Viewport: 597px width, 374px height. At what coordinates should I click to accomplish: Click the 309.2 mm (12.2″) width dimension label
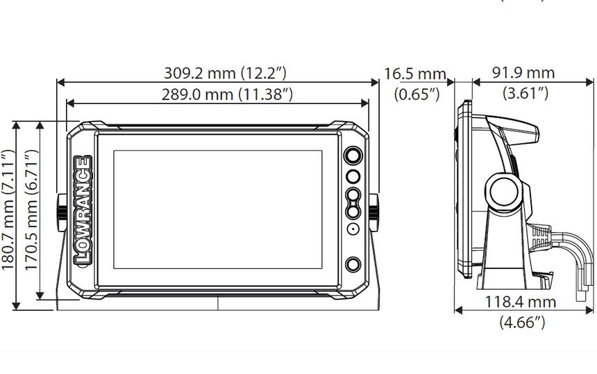pos(225,73)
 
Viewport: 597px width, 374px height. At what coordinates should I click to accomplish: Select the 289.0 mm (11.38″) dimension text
pos(227,94)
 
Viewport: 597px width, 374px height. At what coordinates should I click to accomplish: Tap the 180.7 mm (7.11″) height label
pos(8,210)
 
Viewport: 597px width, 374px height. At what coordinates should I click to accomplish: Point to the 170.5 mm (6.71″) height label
pos(32,210)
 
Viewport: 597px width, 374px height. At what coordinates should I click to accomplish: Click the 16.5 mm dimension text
pos(415,74)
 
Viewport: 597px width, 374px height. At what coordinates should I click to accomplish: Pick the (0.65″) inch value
pos(417,94)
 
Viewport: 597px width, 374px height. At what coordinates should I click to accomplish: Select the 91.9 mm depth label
pos(523,73)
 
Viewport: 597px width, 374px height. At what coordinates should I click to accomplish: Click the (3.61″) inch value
pos(525,93)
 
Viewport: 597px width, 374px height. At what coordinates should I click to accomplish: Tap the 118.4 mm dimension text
pos(521,302)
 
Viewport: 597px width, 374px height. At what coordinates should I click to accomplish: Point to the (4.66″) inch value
pos(522,323)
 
